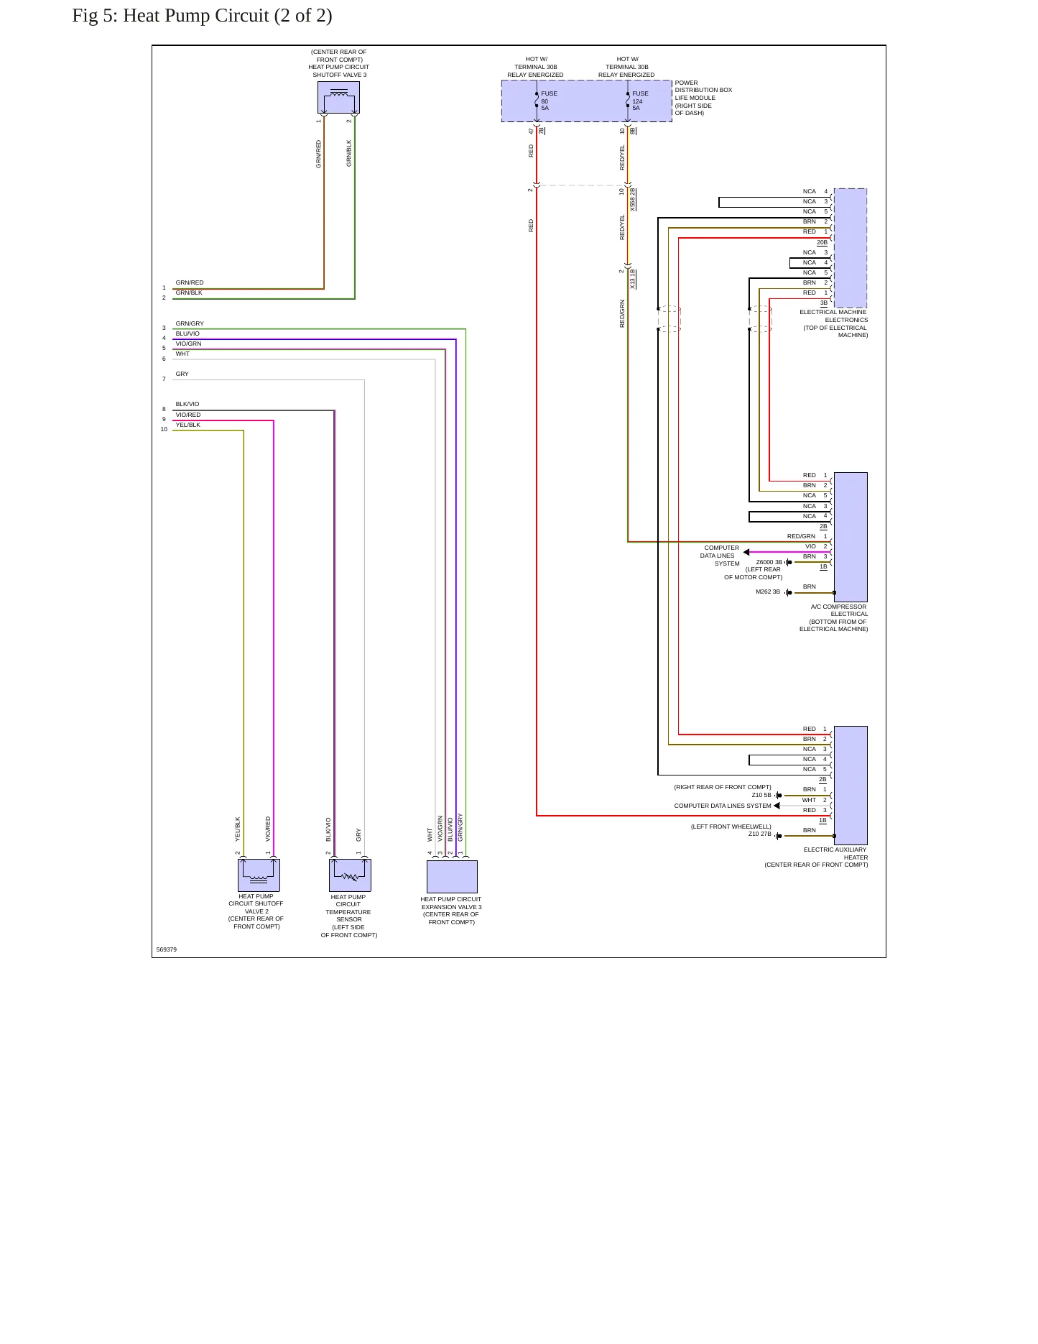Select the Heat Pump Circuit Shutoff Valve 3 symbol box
(x=338, y=97)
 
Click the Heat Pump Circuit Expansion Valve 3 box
(x=452, y=876)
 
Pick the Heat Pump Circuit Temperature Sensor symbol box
(x=350, y=875)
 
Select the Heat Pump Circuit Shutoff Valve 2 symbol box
(x=259, y=875)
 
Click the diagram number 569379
(x=167, y=949)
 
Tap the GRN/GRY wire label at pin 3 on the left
(x=190, y=323)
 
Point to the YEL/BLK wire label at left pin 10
(x=188, y=425)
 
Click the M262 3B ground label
(x=768, y=592)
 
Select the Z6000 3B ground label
(x=769, y=562)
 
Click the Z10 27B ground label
(x=760, y=834)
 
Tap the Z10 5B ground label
(x=761, y=795)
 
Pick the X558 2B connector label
(x=633, y=199)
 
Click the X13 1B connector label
(x=633, y=279)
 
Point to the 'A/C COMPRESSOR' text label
(x=838, y=607)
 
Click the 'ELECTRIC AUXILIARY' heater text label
(x=835, y=850)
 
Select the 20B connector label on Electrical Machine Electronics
(x=822, y=242)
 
